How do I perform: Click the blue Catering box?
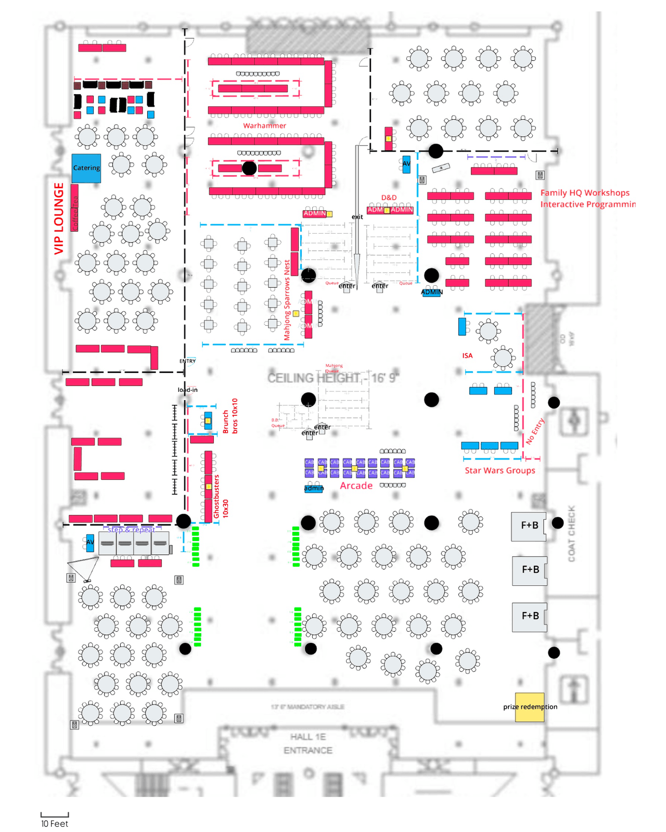click(x=86, y=168)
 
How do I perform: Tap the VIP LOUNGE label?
click(x=59, y=219)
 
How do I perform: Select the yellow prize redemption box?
click(x=530, y=707)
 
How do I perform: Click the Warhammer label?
click(x=264, y=125)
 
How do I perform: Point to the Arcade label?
click(x=356, y=485)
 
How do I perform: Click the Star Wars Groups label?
click(x=499, y=470)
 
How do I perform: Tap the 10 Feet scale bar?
click(x=55, y=815)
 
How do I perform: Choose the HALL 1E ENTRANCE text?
click(x=308, y=744)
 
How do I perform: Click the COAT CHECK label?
click(x=571, y=533)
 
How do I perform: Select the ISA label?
click(x=467, y=356)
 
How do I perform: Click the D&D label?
click(x=389, y=198)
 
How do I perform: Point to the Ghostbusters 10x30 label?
click(x=221, y=497)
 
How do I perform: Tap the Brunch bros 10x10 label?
click(x=229, y=416)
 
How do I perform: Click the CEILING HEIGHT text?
click(x=333, y=378)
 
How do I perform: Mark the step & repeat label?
click(x=131, y=530)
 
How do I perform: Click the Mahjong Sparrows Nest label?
click(x=287, y=301)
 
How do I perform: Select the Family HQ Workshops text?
click(x=585, y=193)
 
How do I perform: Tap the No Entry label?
click(x=534, y=431)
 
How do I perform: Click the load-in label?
click(x=187, y=390)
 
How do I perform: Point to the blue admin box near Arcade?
click(x=313, y=489)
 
